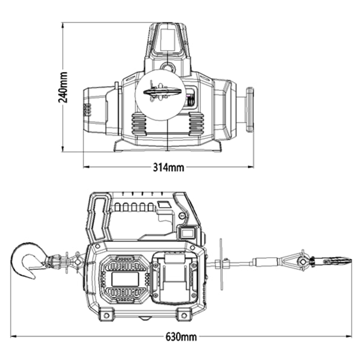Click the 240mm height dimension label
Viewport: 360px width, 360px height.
pos(63,87)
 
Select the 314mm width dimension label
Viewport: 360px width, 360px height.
pos(169,168)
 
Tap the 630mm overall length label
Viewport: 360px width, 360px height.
pos(181,337)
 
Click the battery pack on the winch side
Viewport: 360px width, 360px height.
pos(175,278)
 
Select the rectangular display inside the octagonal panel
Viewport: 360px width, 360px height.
pos(125,279)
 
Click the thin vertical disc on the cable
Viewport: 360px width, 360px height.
pos(221,264)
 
